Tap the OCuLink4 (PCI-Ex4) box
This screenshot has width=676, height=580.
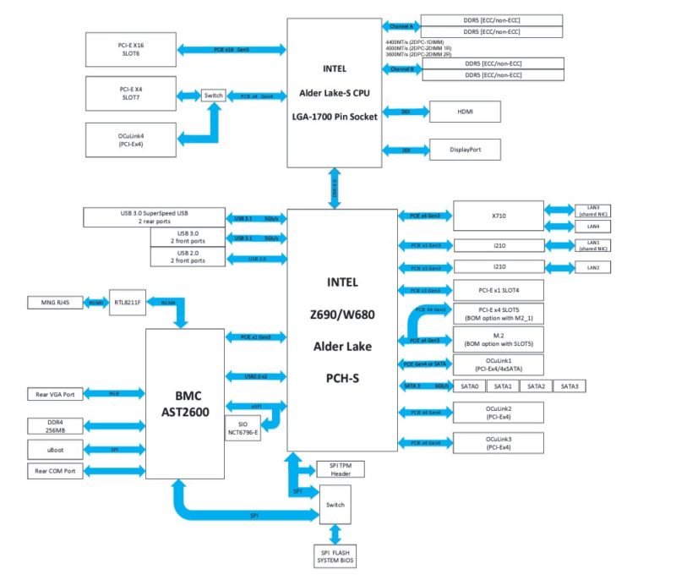click(x=128, y=139)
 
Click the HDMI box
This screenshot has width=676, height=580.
click(x=465, y=112)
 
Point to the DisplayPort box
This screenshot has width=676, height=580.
click(x=465, y=150)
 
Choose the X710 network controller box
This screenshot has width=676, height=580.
click(x=498, y=216)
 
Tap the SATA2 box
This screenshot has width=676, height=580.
click(x=537, y=386)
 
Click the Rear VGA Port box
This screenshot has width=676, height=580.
click(x=56, y=394)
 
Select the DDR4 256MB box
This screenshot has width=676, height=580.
click(x=56, y=425)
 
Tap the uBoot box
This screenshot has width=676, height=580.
click(x=56, y=449)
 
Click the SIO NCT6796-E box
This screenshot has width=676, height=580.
click(x=243, y=427)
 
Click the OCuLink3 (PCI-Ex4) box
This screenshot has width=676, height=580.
click(x=498, y=443)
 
